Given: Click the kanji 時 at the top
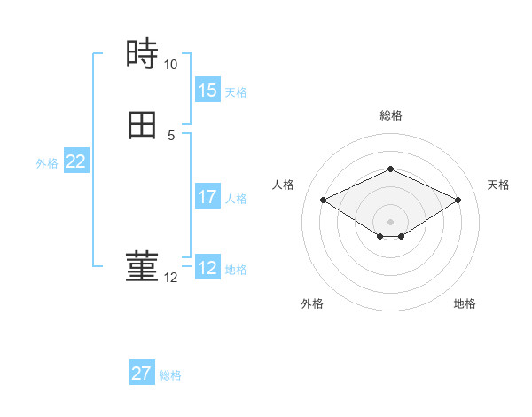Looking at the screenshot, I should click(142, 55).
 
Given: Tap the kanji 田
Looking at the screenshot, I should click(142, 125).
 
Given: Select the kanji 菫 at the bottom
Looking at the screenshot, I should click(142, 267).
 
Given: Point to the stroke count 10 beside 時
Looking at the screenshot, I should click(170, 65).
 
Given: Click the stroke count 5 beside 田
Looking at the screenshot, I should click(170, 136).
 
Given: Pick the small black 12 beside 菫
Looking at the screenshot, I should click(170, 278).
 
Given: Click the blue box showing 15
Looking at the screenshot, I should click(207, 90).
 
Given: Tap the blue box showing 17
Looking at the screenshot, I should click(207, 197).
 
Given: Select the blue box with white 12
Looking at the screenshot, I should click(207, 268).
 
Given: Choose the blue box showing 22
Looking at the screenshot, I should click(75, 161).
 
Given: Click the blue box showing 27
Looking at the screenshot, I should click(141, 374).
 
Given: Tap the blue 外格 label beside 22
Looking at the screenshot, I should click(47, 163).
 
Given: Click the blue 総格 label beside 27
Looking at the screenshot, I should click(170, 375).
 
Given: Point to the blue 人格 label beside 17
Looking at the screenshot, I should click(237, 199).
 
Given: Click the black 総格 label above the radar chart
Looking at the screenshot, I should click(391, 115).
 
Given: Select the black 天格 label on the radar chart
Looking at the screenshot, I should click(499, 185).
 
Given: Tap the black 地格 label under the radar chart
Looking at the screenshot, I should click(465, 303).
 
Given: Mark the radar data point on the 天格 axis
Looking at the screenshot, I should click(458, 200).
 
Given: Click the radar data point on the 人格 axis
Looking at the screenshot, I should click(323, 200).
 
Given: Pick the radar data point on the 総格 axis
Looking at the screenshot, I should click(390, 169).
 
